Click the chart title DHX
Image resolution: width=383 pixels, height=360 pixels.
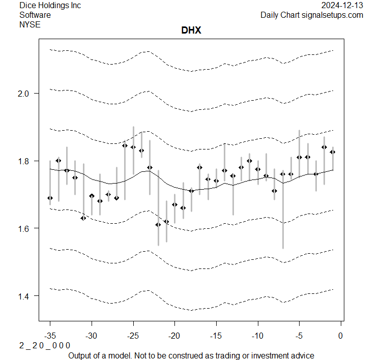pos(191,31)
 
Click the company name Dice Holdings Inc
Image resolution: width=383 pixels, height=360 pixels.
pos(50,6)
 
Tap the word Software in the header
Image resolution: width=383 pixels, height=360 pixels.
pos(35,15)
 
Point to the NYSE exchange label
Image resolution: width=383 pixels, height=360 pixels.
pos(30,24)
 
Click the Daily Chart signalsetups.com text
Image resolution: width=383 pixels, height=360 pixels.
pos(312,15)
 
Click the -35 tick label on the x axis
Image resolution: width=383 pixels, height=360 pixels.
pos(50,336)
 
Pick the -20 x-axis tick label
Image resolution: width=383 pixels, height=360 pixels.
pos(174,336)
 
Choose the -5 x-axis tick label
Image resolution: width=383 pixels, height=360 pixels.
pos(299,336)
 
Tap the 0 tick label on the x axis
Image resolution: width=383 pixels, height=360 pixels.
pos(340,336)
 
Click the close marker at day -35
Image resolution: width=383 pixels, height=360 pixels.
pos(50,198)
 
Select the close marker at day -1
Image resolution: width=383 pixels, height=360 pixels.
pos(332,152)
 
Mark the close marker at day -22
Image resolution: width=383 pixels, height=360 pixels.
pos(158,224)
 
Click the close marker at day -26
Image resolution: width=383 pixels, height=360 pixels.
pos(125,145)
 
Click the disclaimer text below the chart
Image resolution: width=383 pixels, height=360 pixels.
pos(191,355)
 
